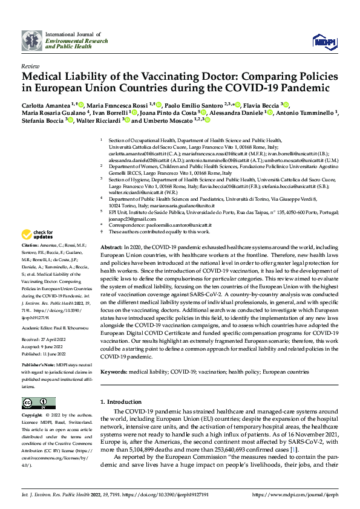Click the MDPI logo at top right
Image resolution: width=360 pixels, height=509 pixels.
(x=324, y=41)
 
